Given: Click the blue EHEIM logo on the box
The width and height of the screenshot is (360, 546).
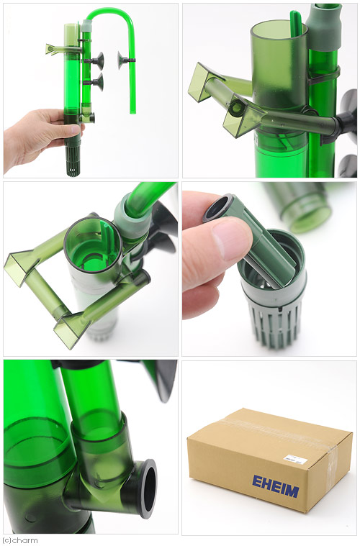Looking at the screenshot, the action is coord(276,486).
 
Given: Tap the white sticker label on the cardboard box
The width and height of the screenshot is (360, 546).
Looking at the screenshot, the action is coord(295,459).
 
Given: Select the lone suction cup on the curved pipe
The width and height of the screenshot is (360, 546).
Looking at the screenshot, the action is coord(122,61).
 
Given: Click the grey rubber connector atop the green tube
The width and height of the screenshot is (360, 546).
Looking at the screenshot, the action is coord(323,27).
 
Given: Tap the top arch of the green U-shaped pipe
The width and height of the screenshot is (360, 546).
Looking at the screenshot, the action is coord(110,11).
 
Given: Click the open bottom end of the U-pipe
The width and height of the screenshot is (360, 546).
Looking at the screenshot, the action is coord(132,112).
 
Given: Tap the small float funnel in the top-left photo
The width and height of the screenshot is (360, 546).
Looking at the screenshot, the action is coord(52,50).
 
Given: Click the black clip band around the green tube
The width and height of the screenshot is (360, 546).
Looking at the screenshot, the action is coord(323,76).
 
